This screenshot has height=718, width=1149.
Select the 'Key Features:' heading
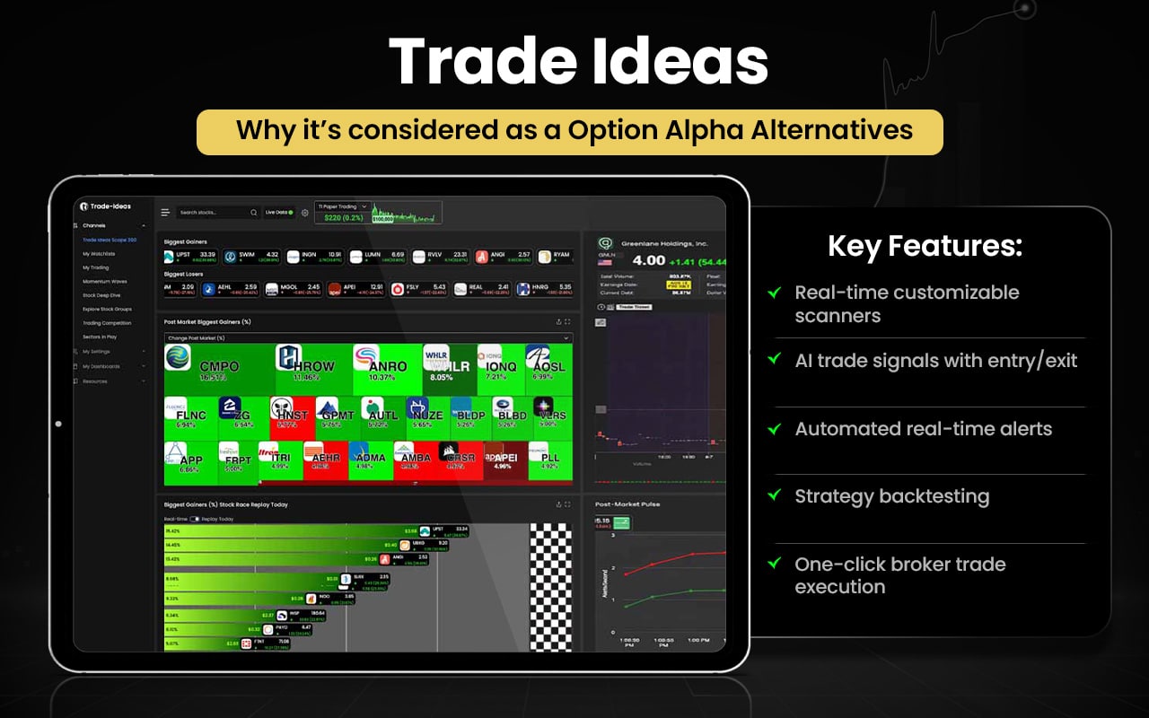click(x=925, y=247)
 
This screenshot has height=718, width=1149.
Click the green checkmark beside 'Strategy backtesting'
click(x=774, y=496)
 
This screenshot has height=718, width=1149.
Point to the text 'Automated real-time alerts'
click(x=923, y=429)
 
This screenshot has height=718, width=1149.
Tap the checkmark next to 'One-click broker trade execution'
click(x=774, y=565)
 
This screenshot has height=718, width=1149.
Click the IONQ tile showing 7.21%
click(x=499, y=368)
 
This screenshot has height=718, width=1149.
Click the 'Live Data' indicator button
click(x=278, y=213)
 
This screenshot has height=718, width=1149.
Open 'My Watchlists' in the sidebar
click(x=99, y=254)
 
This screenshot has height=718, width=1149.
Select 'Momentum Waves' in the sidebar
click(x=104, y=281)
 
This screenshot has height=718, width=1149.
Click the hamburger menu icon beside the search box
click(x=165, y=213)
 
